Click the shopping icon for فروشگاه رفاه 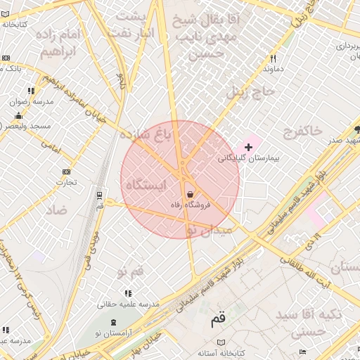(190, 194)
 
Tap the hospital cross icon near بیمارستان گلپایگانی (248, 147)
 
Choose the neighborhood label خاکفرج (302, 130)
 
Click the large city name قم (219, 320)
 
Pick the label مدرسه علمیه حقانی (129, 304)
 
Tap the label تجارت (66, 183)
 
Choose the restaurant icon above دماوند (272, 59)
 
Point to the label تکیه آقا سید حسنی (309, 321)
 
